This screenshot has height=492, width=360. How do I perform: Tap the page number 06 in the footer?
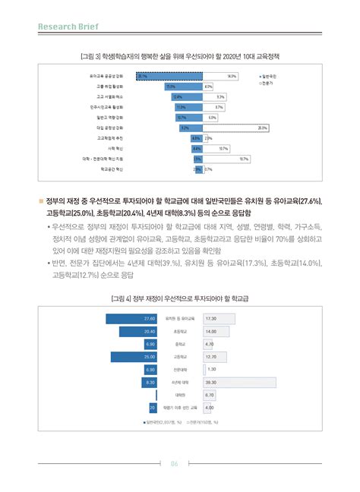coord(174,465)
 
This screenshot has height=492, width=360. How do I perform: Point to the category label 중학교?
coord(180,344)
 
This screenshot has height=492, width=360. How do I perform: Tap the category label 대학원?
coord(180,396)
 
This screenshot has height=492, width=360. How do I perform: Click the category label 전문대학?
coord(180,370)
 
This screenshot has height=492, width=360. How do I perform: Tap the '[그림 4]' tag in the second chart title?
coord(121,298)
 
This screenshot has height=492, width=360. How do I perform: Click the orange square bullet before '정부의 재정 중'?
coord(41,200)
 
